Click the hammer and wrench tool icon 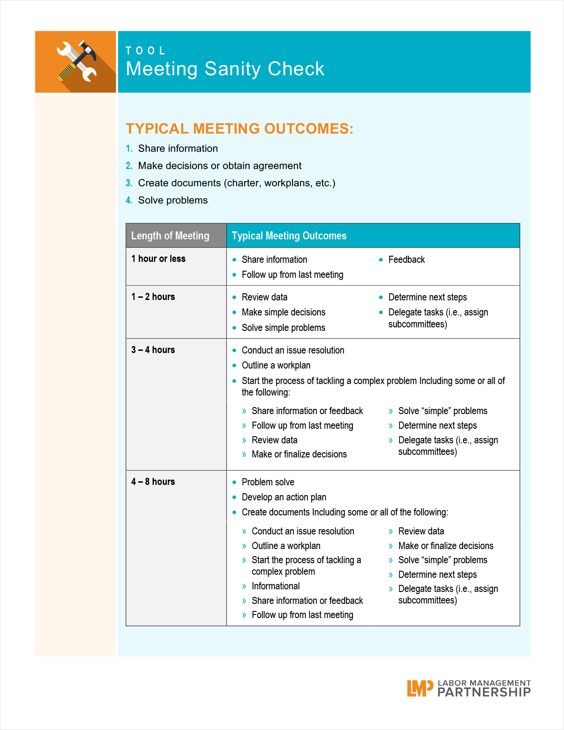77,61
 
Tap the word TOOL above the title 146,51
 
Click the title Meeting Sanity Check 225,69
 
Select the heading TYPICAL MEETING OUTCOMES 239,129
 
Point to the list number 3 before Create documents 129,183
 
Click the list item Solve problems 173,200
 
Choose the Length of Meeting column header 170,236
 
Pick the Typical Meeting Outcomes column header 289,236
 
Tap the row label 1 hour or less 158,259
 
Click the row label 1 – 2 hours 153,297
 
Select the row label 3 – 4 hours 153,350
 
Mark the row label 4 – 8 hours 153,482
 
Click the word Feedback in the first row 407,260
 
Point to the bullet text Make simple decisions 283,312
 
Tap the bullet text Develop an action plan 284,497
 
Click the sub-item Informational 276,586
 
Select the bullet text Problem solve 268,482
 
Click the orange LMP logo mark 420,688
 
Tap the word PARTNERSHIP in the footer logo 483,692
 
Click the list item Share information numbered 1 178,149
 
